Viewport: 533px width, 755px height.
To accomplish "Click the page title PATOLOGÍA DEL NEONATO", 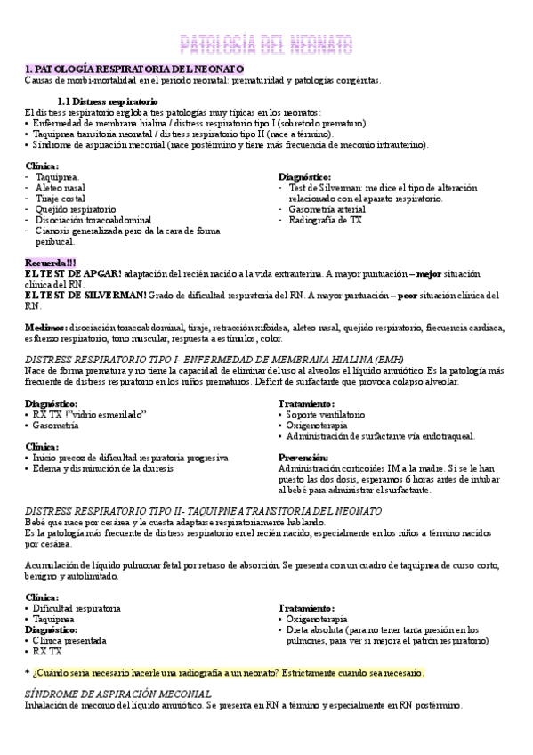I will (267, 44).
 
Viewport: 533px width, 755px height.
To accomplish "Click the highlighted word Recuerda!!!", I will (51, 263).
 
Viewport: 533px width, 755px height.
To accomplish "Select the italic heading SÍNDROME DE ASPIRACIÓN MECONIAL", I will (118, 694).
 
